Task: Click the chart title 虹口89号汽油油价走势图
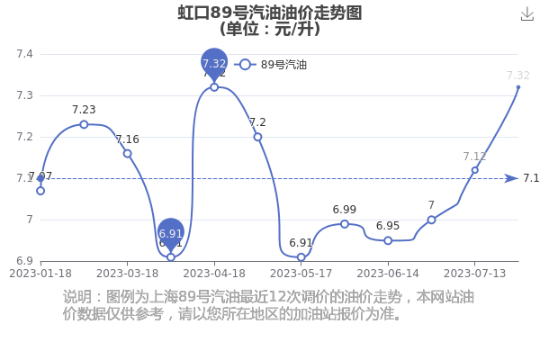pyautogui.click(x=269, y=13)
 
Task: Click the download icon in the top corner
pyautogui.click(x=527, y=13)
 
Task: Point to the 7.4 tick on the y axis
pyautogui.click(x=24, y=54)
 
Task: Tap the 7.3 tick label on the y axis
pyautogui.click(x=24, y=95)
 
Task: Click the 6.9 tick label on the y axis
pyautogui.click(x=24, y=261)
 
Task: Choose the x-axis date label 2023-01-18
pyautogui.click(x=40, y=273)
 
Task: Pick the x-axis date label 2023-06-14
pyautogui.click(x=388, y=273)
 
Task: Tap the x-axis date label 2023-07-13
pyautogui.click(x=474, y=273)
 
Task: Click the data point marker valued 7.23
pyautogui.click(x=84, y=124)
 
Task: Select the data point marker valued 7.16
pyautogui.click(x=127, y=153)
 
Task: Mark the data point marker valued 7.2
pyautogui.click(x=257, y=137)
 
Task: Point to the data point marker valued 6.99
pyautogui.click(x=345, y=223)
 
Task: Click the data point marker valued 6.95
pyautogui.click(x=388, y=240)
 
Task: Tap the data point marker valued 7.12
pyautogui.click(x=475, y=170)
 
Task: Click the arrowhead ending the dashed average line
pyautogui.click(x=511, y=178)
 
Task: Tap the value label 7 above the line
pyautogui.click(x=431, y=206)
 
